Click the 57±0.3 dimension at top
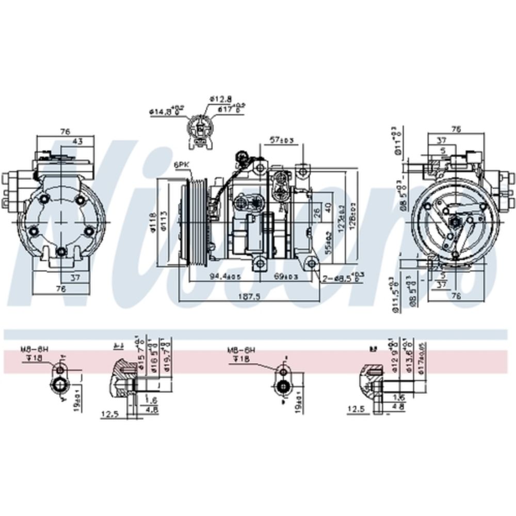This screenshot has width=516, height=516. [x=282, y=140]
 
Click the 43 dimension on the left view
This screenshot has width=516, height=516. [x=77, y=141]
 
